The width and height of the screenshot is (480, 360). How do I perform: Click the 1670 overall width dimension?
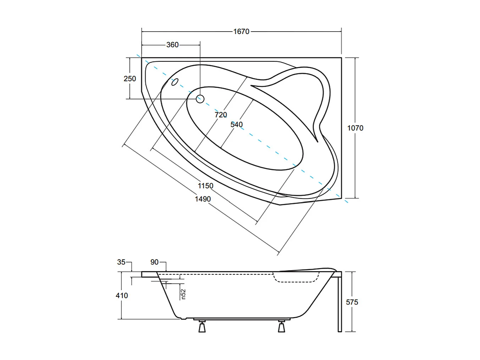point(241,32)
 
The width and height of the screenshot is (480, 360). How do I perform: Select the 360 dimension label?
point(172,45)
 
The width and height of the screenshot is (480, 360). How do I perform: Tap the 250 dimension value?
point(129,78)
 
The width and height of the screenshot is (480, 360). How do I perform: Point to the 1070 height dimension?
point(355,128)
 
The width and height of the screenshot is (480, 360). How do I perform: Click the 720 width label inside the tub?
point(221,115)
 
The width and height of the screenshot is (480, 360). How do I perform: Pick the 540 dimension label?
point(236,125)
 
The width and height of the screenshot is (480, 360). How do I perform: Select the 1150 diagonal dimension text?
point(205,186)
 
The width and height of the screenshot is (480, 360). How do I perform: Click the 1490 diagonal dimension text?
point(203,199)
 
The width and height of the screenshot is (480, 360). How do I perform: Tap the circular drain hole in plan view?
point(200,99)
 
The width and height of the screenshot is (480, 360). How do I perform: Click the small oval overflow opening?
point(175,82)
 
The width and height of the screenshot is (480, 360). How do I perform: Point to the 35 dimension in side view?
point(121,262)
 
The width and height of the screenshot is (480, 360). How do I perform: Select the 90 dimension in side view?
point(154,262)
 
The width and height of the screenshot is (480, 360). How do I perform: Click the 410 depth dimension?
point(122,295)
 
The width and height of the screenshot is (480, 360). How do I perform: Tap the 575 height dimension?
point(352,302)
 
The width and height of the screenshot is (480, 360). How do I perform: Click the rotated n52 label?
point(183,294)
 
